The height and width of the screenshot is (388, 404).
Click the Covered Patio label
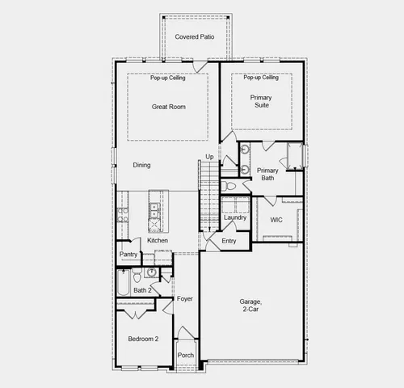click(194, 37)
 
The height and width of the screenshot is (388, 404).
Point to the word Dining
click(142, 165)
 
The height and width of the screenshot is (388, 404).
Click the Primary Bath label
click(267, 174)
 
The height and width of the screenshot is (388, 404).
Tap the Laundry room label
click(235, 217)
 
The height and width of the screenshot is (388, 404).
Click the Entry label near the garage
click(229, 241)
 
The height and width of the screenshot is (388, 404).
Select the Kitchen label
click(158, 241)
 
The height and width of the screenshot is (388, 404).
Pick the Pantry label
click(128, 255)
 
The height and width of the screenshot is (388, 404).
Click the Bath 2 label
click(142, 289)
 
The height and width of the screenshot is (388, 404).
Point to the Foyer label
click(185, 298)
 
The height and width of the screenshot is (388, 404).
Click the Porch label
click(186, 356)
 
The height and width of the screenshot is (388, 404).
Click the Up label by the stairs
click(208, 156)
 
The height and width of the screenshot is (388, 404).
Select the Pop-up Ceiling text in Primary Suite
click(260, 78)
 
